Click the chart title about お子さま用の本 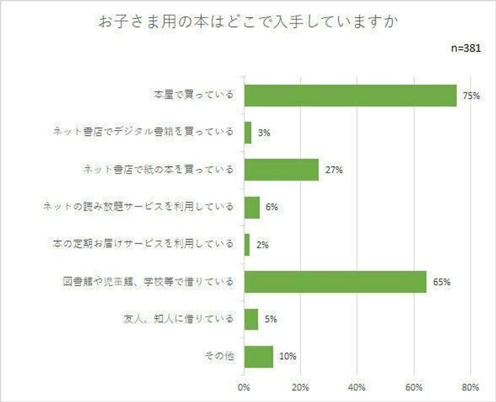247,22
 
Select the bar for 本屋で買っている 350,95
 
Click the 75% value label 471,96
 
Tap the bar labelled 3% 248,132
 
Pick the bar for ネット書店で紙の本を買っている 282,170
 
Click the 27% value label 335,170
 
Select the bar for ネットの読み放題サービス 252,207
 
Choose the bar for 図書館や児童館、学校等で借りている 335,281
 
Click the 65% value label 442,282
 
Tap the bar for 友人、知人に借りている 251,319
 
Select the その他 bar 258,356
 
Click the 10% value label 288,356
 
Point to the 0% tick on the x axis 244,388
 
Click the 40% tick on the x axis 358,388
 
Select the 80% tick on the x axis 470,388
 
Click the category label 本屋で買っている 194,95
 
